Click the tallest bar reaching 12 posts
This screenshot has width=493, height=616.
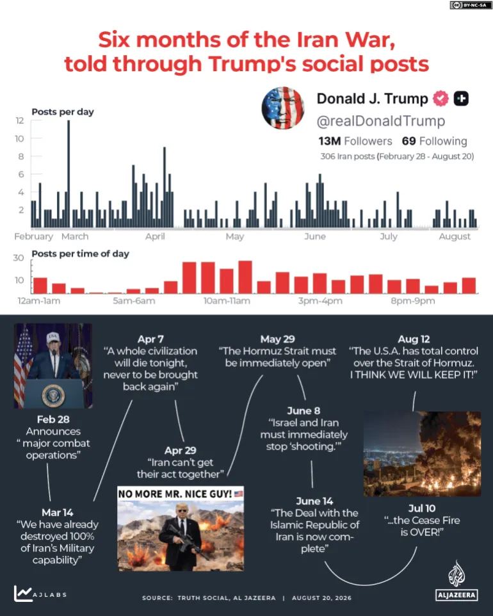[x=69, y=174]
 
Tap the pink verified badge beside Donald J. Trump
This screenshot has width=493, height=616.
[x=440, y=99]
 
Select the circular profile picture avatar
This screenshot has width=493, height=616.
[x=283, y=108]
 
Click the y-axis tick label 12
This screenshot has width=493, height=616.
[x=20, y=120]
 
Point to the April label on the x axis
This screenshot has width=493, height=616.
[x=155, y=236]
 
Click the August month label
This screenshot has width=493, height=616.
[x=455, y=236]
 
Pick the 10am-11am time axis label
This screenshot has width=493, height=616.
[x=227, y=301]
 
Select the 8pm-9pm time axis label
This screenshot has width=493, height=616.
[x=413, y=301]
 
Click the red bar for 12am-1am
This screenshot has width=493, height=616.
[x=40, y=286]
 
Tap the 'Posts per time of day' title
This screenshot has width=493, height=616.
[x=81, y=254]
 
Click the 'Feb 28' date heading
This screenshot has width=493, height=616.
[x=53, y=419]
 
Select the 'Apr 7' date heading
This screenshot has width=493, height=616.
[x=150, y=339]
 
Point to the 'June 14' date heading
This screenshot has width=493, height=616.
[x=314, y=501]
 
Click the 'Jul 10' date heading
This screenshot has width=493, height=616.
[x=421, y=508]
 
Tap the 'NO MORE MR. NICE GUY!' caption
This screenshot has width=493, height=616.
[x=175, y=494]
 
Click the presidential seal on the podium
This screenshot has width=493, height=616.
[x=53, y=396]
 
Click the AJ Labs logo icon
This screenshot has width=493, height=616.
[x=23, y=593]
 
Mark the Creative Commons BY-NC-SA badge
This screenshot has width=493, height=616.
[x=470, y=5]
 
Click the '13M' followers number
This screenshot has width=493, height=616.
[x=329, y=141]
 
